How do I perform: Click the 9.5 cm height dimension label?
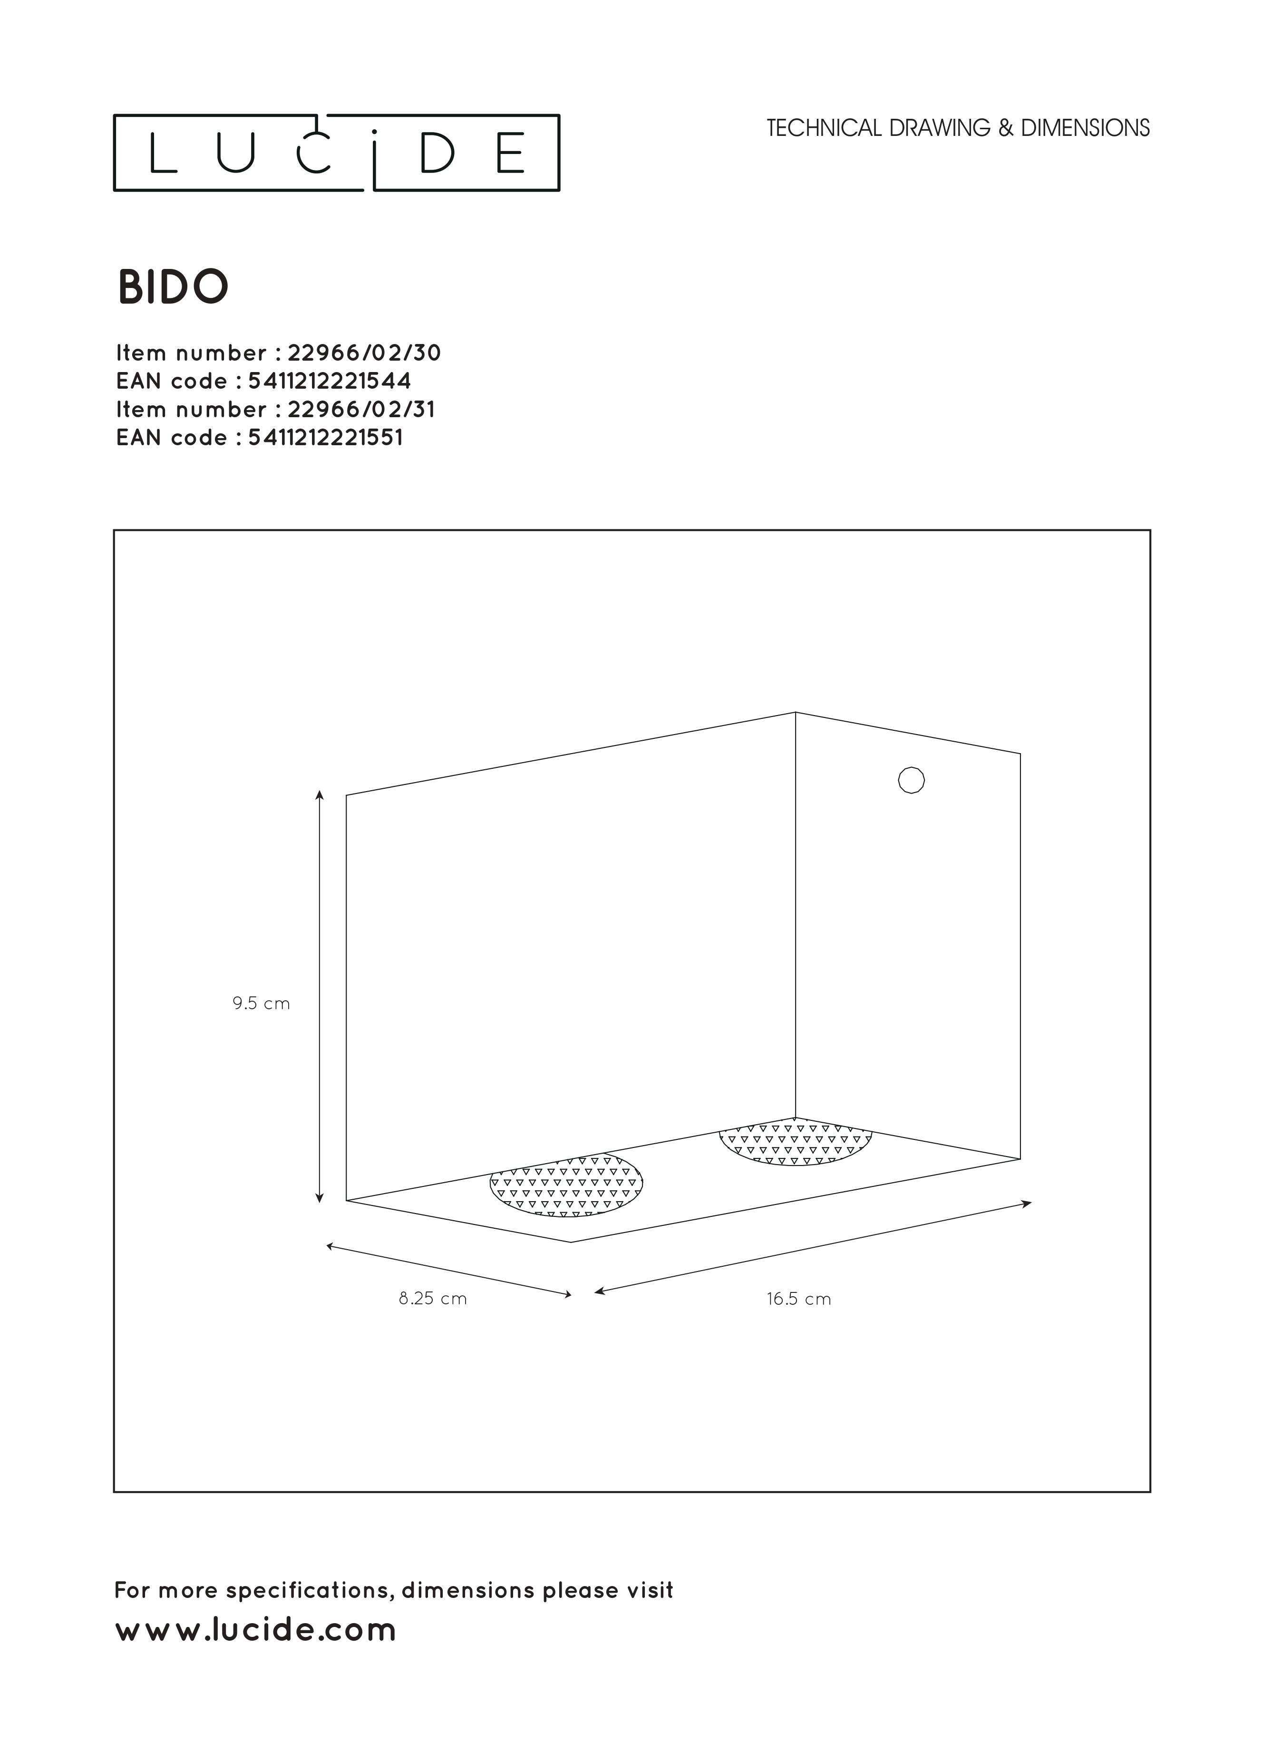(261, 1004)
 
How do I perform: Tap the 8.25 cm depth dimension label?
(432, 1299)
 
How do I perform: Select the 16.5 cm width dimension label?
(798, 1299)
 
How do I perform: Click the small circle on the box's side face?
(911, 780)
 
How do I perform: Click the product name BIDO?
(173, 287)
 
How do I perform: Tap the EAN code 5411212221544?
(330, 381)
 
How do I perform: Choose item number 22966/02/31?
(361, 409)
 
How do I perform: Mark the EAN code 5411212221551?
(325, 438)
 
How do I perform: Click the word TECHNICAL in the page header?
(824, 128)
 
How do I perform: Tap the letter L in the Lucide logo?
(163, 153)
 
